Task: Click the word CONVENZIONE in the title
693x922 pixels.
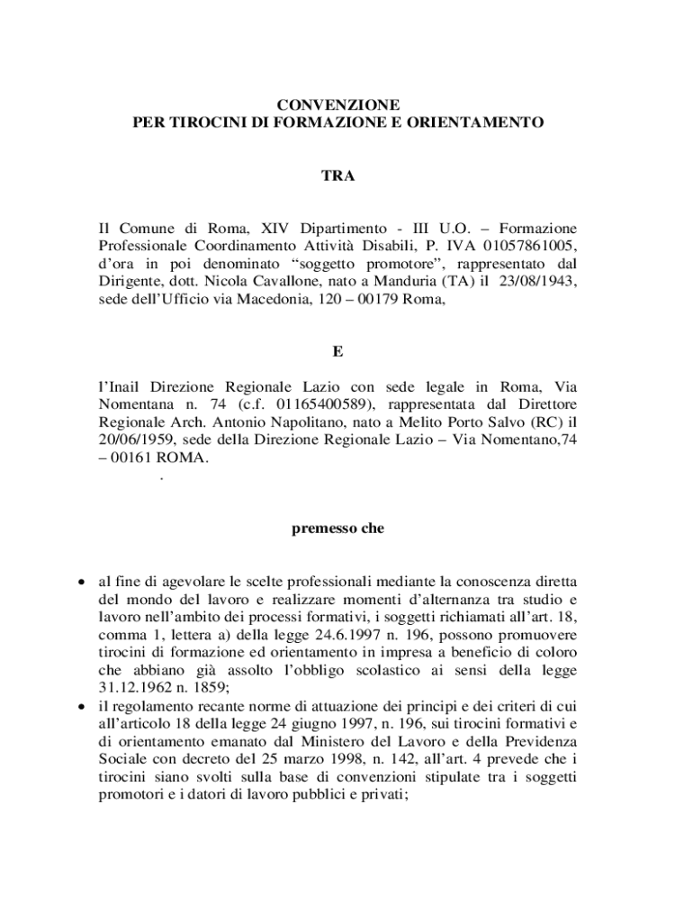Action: [x=337, y=105]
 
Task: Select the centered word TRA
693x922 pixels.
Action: [x=337, y=176]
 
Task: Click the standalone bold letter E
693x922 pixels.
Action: [x=337, y=350]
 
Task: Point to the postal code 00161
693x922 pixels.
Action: [x=131, y=457]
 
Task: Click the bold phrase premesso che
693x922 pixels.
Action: [x=337, y=529]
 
